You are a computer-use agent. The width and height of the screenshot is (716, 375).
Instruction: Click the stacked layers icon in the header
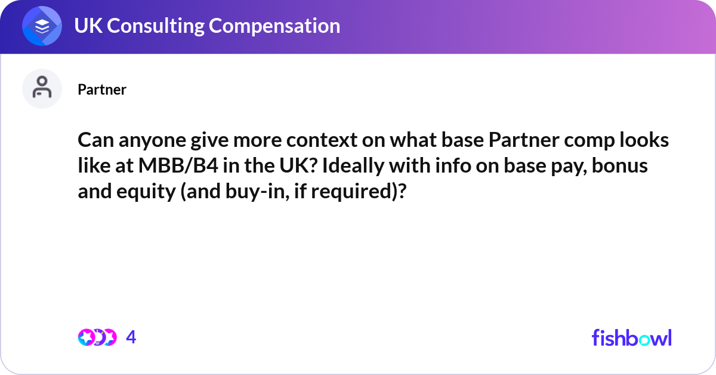click(42, 26)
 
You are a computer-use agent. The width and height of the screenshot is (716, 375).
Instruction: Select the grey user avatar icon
click(42, 89)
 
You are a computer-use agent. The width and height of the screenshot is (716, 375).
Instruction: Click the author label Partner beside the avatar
click(102, 90)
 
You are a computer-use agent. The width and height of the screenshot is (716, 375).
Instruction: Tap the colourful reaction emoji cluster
click(97, 337)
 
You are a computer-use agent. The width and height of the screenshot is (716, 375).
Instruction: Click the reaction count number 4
click(131, 337)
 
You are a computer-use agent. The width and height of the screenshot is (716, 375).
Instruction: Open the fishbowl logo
click(631, 337)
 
